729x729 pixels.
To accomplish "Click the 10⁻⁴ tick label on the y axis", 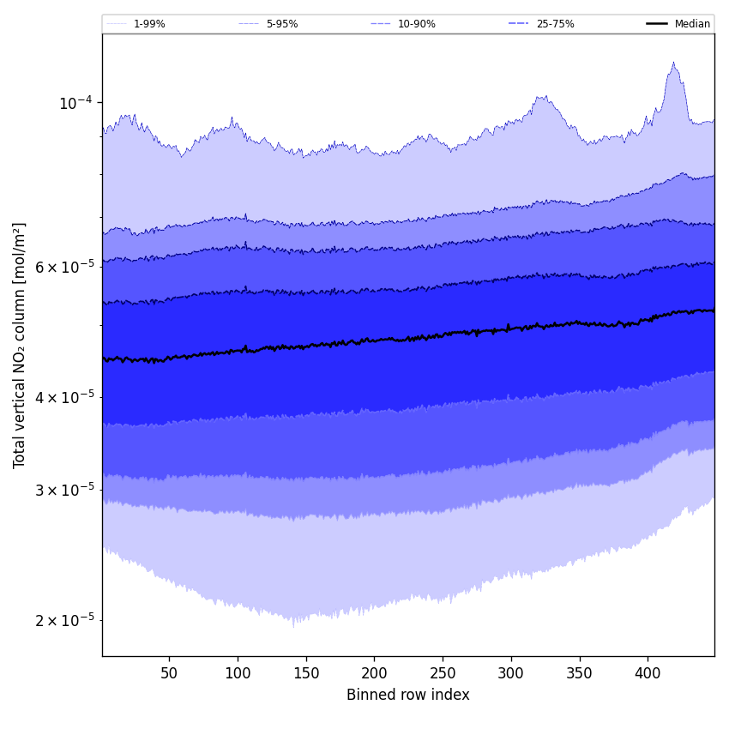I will [75, 103].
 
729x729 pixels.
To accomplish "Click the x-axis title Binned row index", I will [408, 695].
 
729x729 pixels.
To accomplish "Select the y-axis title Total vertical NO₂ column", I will [20, 345].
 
